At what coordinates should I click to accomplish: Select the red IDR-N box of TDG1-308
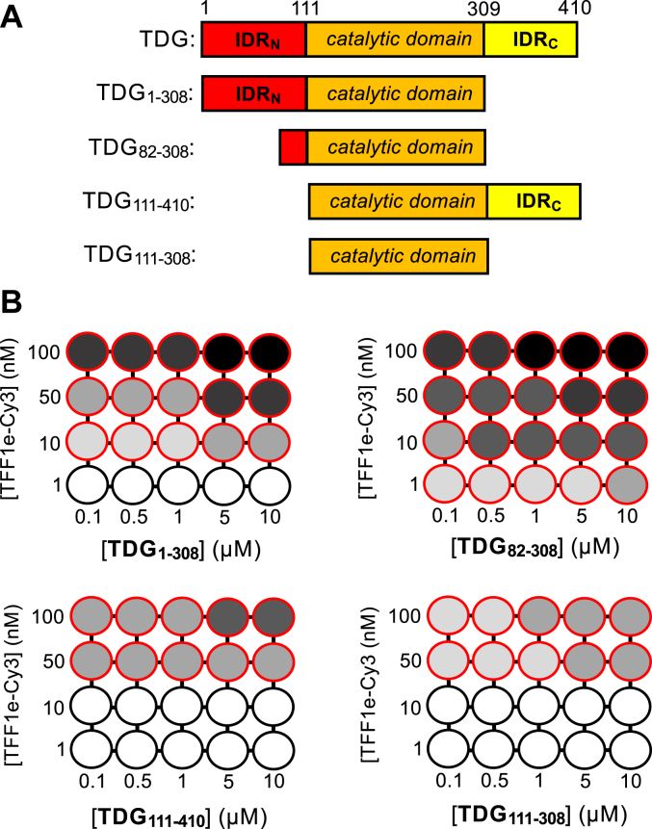pos(253,94)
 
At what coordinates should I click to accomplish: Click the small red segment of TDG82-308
pos(293,148)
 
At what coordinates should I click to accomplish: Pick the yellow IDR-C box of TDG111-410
pos(533,202)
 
